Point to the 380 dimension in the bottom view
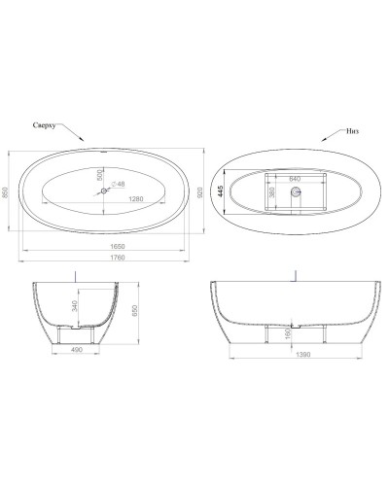[x=272, y=192]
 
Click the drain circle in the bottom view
[x=297, y=192]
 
